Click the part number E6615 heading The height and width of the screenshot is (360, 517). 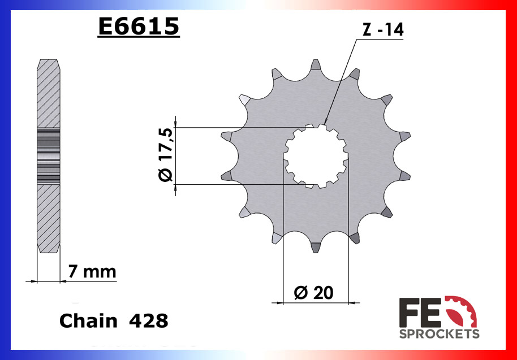[x=139, y=26]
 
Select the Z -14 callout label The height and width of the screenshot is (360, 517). [x=383, y=31]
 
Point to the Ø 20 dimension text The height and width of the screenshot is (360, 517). [x=314, y=292]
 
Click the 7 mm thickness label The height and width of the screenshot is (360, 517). [x=92, y=272]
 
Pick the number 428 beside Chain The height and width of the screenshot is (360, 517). [x=148, y=320]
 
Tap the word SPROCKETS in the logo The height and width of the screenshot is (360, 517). [x=440, y=333]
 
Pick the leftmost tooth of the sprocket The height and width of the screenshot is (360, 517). [x=227, y=137]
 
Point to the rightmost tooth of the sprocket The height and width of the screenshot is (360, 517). [x=404, y=137]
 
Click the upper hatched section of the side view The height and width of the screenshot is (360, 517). [x=48, y=93]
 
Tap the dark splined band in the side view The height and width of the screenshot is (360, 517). [x=48, y=155]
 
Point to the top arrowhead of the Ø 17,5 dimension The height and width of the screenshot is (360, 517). [x=175, y=123]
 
